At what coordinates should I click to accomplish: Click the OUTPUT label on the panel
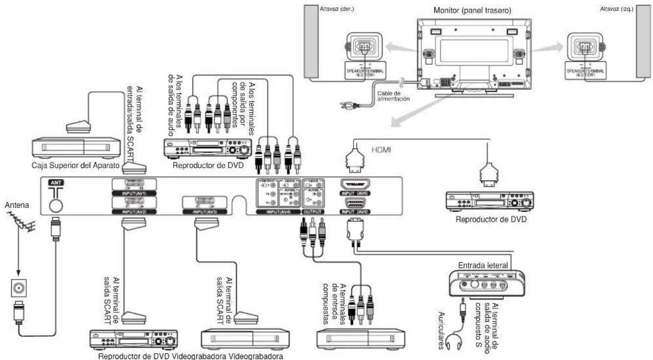pos(313,211)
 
